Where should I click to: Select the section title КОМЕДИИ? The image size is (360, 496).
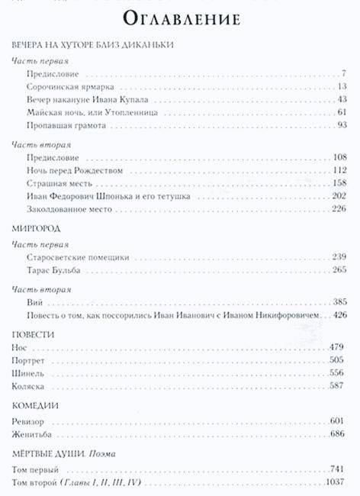36,405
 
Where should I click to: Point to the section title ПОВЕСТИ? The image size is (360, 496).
34,333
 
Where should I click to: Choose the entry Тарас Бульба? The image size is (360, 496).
50,270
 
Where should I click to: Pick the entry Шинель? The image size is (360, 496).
29,374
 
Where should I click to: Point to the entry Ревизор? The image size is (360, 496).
31,421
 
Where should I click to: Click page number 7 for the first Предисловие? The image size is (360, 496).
345,73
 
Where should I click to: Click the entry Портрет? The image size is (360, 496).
31,360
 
